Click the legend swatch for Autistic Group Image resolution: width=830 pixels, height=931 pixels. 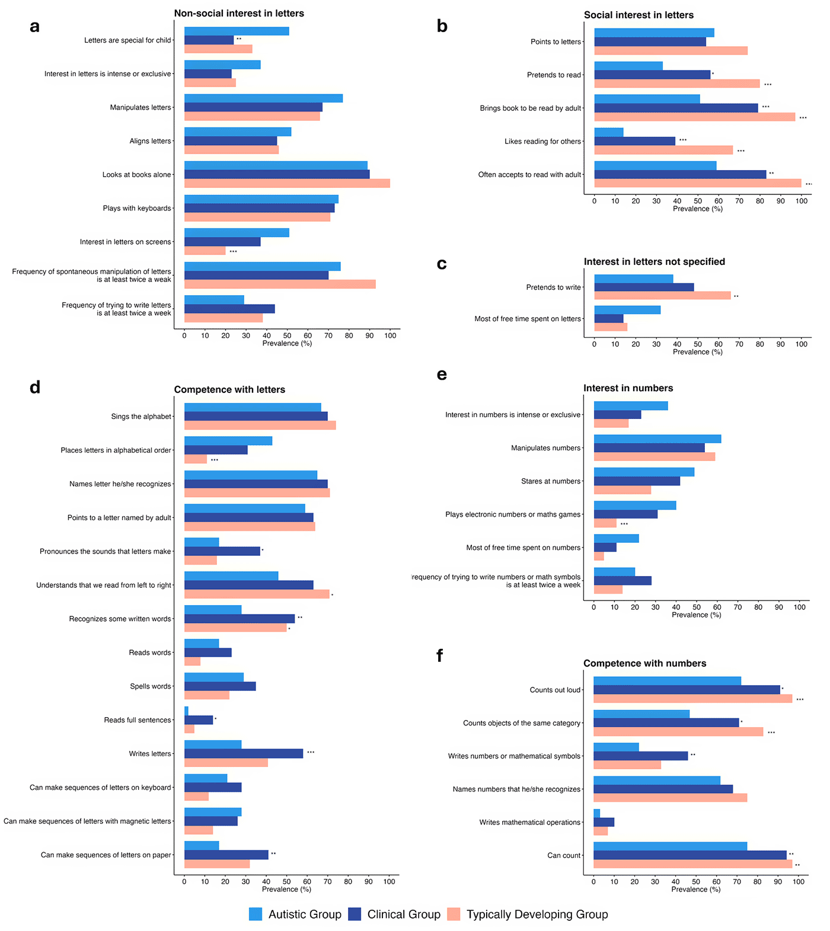(x=256, y=914)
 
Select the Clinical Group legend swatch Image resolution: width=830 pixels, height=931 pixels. (x=355, y=914)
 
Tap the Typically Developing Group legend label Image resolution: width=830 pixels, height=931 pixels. (x=537, y=914)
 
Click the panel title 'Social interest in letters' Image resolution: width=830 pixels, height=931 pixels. (x=639, y=15)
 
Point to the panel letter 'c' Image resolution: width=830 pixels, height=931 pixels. (x=442, y=264)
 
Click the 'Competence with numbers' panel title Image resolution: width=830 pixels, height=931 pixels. (x=644, y=663)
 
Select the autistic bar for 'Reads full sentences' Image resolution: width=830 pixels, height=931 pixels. (x=186, y=711)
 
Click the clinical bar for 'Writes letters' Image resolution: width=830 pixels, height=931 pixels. (x=244, y=753)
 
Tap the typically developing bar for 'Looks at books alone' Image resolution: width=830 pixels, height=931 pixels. (x=287, y=183)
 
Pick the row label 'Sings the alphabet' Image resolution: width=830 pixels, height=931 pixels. (x=141, y=417)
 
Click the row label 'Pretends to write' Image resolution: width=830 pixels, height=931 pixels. (x=553, y=287)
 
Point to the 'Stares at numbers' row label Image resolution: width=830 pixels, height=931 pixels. (x=551, y=481)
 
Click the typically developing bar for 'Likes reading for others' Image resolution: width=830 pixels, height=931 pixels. (x=663, y=151)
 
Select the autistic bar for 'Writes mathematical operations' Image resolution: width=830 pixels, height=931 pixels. (x=596, y=813)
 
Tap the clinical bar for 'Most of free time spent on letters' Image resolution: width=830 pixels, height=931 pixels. (x=609, y=318)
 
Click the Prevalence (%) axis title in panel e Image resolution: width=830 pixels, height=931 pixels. (x=696, y=615)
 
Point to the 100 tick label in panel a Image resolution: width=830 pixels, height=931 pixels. (x=390, y=335)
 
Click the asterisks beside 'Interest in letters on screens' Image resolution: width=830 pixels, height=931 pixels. (x=233, y=252)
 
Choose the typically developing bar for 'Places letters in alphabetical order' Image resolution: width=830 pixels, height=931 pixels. (x=196, y=459)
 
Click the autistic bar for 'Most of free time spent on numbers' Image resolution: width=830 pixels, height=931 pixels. (x=616, y=538)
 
